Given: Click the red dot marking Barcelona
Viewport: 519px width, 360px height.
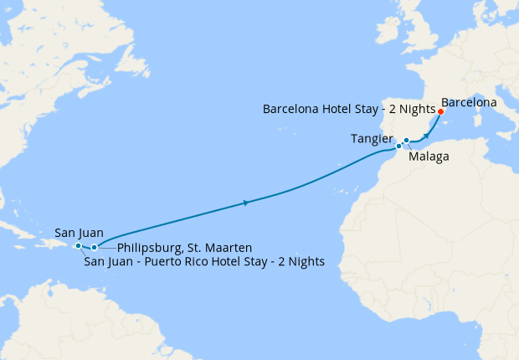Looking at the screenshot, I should click(x=440, y=111).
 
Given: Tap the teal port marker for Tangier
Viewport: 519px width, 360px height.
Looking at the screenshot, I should click(x=398, y=147).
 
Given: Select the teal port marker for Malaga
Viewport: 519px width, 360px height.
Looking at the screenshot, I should click(x=406, y=141).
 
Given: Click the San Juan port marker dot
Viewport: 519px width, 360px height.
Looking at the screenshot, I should click(x=78, y=246).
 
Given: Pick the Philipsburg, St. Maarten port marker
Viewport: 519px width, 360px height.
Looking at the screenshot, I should click(x=94, y=247).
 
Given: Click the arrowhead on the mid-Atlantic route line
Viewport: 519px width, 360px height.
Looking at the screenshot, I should click(x=245, y=203).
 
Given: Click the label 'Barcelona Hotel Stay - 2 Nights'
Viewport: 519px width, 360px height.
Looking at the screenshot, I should click(x=349, y=110).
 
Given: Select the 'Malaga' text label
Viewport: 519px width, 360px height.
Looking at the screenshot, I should click(x=429, y=157).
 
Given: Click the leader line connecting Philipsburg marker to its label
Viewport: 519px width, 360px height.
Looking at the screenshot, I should click(x=106, y=248).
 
